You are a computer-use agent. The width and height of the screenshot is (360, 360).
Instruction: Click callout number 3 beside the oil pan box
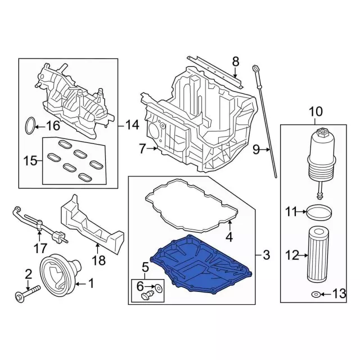pos(266,256)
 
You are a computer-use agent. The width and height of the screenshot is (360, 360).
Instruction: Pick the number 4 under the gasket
pos(229,237)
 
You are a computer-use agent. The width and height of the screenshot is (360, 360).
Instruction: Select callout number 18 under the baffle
pos(98,260)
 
